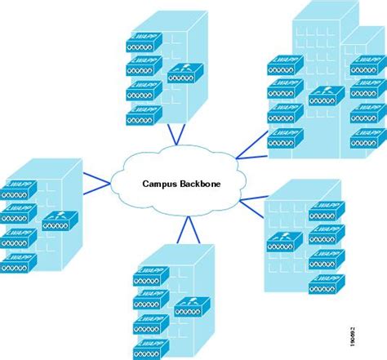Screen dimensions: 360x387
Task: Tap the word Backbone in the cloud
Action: tap(202, 184)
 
